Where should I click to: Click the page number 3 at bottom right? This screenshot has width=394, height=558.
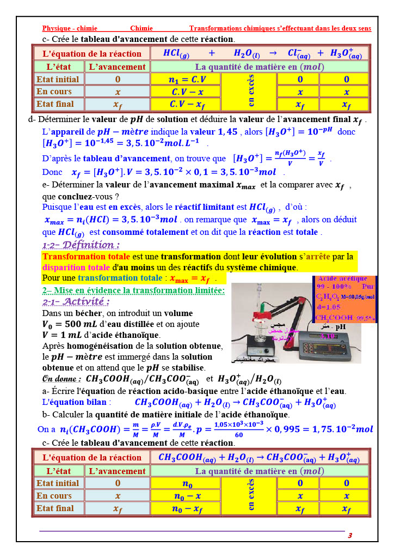350,536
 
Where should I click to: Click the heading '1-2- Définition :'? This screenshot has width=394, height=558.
81,245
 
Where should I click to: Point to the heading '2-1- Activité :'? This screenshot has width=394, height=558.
76,302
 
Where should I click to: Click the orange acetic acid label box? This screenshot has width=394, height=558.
346,299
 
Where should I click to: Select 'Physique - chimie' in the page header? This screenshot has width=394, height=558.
70,28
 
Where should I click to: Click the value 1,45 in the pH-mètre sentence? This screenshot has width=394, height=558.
228,131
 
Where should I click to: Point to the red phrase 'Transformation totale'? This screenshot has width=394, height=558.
86,257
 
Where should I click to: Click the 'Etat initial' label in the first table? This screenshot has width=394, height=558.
58,80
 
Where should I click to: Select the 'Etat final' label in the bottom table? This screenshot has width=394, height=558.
55,508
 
